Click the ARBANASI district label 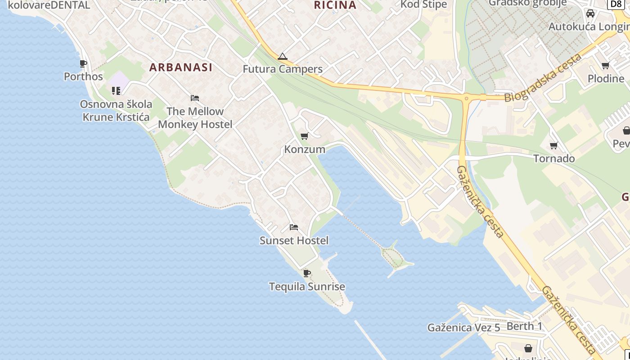point(180,67)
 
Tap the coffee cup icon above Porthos point(83,63)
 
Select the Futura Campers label point(283,69)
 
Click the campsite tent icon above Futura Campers point(282,57)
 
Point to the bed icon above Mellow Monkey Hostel point(195,98)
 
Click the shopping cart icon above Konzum point(305,136)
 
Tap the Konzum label point(305,149)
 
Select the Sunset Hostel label point(294,240)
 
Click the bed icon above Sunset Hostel point(294,227)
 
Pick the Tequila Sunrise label point(307,286)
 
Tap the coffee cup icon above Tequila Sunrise point(307,273)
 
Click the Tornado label point(554,158)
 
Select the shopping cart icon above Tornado point(554,145)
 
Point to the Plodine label point(606,78)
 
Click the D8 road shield point(616,4)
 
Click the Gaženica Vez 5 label point(463,328)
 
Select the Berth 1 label point(525,326)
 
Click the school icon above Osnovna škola point(116,91)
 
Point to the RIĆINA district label point(335,5)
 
